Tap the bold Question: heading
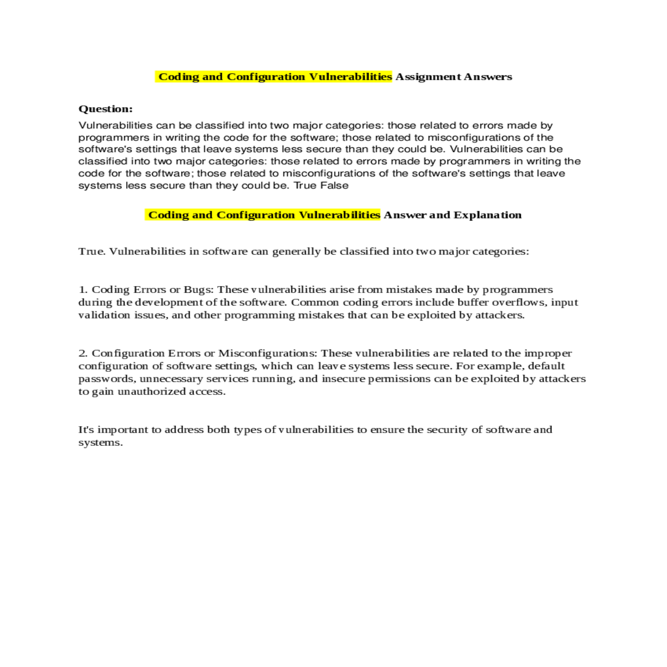[106, 109]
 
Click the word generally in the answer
[296, 251]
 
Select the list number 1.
[83, 290]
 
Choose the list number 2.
[83, 354]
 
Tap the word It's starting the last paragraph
[86, 430]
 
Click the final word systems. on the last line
[101, 443]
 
